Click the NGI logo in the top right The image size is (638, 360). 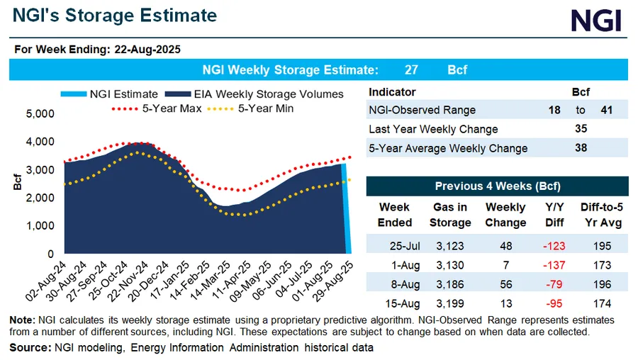coord(596,21)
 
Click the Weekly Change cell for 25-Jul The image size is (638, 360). coord(505,246)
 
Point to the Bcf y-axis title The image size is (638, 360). coord(16,182)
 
